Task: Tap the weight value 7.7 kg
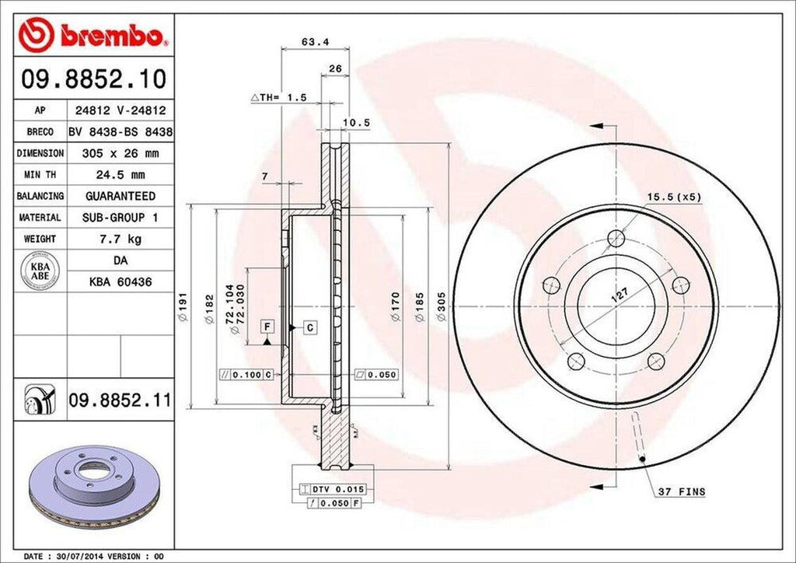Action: pyautogui.click(x=120, y=239)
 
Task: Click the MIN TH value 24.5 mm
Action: pyautogui.click(x=120, y=175)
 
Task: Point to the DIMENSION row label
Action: pyautogui.click(x=40, y=154)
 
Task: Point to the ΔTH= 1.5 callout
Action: pyautogui.click(x=279, y=98)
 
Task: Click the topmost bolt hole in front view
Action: pyautogui.click(x=616, y=238)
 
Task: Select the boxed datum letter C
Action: pyautogui.click(x=309, y=328)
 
